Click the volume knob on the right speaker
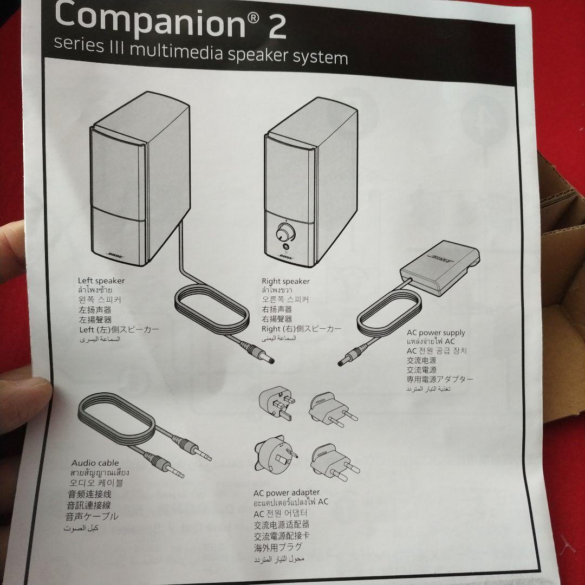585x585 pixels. coord(283,233)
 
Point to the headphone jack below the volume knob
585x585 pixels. coord(285,248)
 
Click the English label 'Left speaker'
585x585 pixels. coord(101,281)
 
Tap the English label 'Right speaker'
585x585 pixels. coord(285,281)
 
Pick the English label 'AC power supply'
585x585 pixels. coord(435,333)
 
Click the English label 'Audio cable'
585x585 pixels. coord(95,463)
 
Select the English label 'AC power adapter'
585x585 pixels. coord(286,492)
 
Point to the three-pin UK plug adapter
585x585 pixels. coord(276,404)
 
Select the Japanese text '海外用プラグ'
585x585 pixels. coord(278,547)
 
